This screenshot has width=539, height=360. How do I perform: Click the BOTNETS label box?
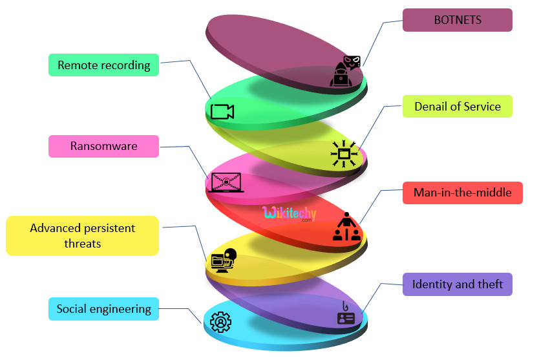[x=458, y=20]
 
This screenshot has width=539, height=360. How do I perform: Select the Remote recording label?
[x=103, y=65]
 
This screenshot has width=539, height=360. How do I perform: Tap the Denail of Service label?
[x=458, y=107]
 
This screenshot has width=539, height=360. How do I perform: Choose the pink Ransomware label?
[x=103, y=146]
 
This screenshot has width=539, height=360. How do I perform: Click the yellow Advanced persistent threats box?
[x=82, y=236]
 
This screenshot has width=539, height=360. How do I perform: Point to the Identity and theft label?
[x=457, y=284]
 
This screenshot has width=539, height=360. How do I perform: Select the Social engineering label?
[x=103, y=308]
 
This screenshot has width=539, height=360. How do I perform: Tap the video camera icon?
[x=222, y=112]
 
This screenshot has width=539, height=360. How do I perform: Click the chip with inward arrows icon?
[x=344, y=154]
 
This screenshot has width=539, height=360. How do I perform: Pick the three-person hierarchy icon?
[x=346, y=227]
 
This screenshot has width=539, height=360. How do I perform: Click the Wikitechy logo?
[x=287, y=213]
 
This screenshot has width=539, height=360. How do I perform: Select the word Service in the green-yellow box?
[x=480, y=107]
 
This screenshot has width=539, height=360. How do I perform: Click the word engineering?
[x=121, y=308]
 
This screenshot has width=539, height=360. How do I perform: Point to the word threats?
[x=83, y=244]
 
